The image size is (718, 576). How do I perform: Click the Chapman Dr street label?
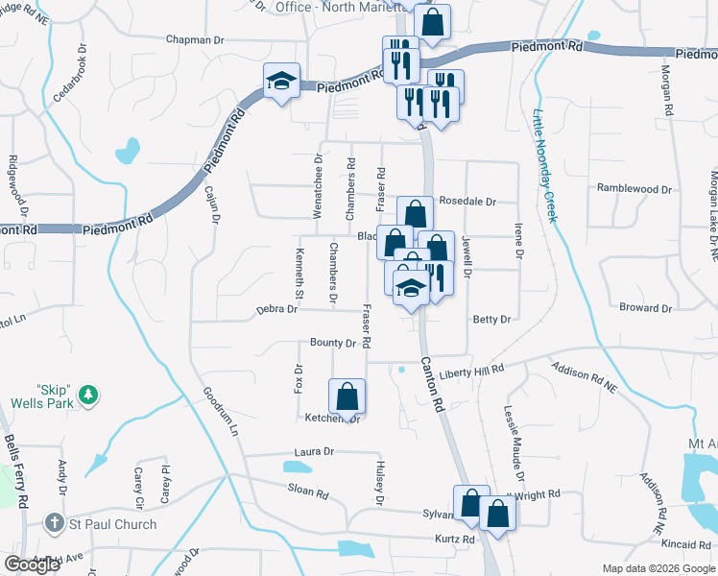(x=194, y=40)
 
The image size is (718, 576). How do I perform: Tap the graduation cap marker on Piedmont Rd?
(x=282, y=81)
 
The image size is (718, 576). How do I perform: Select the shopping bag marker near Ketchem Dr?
(x=347, y=396)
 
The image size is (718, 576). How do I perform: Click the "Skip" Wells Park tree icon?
(x=87, y=395)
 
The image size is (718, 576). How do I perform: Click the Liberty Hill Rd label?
(x=471, y=371)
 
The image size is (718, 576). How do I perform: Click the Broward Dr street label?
(x=645, y=308)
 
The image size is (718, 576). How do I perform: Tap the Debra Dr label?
(x=278, y=310)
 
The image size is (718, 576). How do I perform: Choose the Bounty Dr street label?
(x=332, y=343)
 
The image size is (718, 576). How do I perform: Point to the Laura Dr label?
(x=314, y=451)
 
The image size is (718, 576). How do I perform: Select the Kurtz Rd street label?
(x=455, y=540)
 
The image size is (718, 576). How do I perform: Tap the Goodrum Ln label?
(x=220, y=413)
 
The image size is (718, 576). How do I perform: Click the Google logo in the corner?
(x=32, y=564)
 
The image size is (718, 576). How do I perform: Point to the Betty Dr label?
(x=491, y=319)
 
